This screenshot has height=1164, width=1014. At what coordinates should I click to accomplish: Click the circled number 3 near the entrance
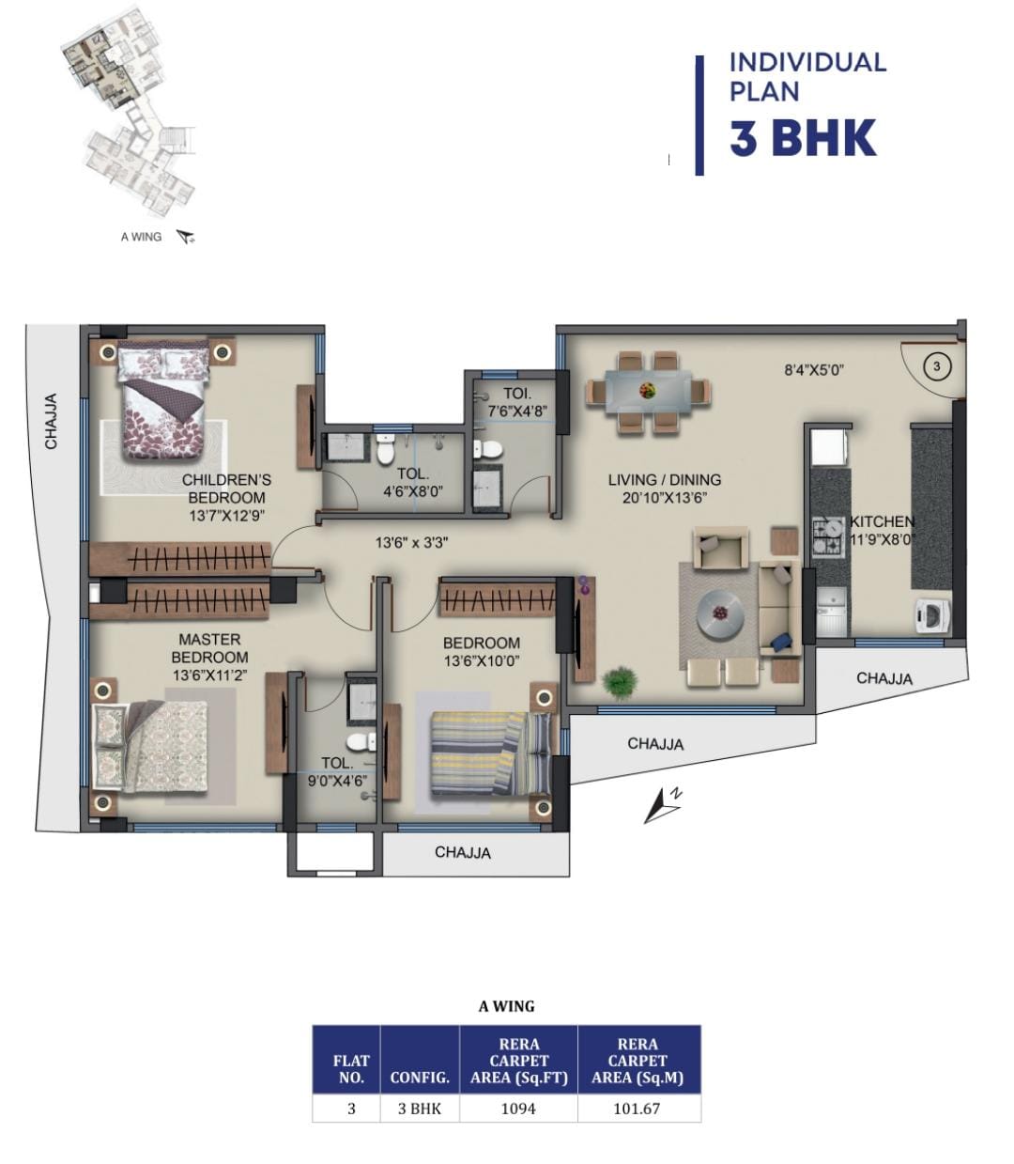pos(937,367)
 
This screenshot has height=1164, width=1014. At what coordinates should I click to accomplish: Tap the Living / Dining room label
pos(665,479)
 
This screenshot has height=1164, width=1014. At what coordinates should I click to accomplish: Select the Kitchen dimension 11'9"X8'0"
pos(883,539)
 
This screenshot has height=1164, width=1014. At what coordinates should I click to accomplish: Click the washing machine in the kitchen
pos(932,616)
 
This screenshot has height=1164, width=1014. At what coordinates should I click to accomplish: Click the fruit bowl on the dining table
pos(647,390)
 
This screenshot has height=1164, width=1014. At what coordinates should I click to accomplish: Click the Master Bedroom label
pos(209,648)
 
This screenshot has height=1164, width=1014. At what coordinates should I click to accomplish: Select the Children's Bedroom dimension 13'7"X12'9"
pos(227,516)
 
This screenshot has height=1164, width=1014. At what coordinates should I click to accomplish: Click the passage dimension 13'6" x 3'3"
pos(411,543)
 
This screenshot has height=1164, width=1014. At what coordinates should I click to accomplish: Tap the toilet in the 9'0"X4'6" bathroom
pos(361,742)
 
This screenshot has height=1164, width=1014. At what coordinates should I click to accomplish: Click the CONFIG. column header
pos(420,1078)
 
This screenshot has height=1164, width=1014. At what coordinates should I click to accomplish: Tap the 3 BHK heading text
pos(803,138)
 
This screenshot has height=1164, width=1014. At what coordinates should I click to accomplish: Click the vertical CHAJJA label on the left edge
pos(51,421)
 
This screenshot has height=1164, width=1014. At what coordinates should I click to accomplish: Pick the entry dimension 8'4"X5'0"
pos(814,370)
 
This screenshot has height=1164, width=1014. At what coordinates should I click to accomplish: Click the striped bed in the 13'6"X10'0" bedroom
pos(490,753)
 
